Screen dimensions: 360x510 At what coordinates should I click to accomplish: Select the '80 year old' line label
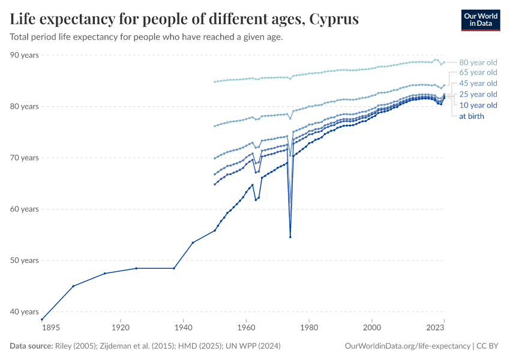pyautogui.click(x=478, y=62)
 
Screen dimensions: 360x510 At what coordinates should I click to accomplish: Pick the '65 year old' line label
pyautogui.click(x=478, y=73)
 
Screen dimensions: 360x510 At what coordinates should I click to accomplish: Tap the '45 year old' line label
pyautogui.click(x=478, y=83)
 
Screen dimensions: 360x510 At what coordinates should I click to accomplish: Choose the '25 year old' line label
pyautogui.click(x=478, y=94)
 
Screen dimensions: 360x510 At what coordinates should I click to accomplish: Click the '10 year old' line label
pyautogui.click(x=478, y=105)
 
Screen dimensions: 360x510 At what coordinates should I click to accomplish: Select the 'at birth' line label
pyautogui.click(x=472, y=116)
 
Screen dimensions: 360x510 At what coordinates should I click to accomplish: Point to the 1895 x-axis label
pyautogui.click(x=50, y=328)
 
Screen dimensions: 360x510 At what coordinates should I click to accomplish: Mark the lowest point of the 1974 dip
pyautogui.click(x=290, y=237)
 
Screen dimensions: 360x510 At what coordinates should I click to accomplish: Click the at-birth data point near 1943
pyautogui.click(x=193, y=242)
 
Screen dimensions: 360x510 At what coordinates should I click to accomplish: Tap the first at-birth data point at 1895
pyautogui.click(x=42, y=319)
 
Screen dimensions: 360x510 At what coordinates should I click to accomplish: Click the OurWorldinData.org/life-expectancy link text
pyautogui.click(x=408, y=346)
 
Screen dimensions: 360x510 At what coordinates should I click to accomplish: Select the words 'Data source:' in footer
pyautogui.click(x=31, y=346)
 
